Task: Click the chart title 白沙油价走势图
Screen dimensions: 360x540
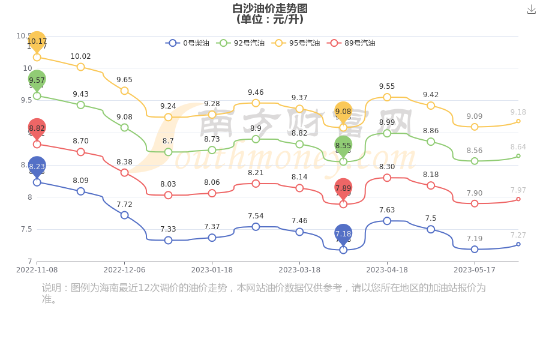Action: (x=270, y=8)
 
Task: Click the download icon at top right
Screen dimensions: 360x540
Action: (x=532, y=9)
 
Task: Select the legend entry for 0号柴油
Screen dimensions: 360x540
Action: (x=188, y=43)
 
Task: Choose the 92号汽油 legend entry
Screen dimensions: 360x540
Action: (x=241, y=43)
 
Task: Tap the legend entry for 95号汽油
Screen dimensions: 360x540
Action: (x=296, y=43)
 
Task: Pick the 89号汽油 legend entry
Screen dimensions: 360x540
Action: (x=351, y=43)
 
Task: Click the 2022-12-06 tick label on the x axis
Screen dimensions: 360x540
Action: (x=124, y=270)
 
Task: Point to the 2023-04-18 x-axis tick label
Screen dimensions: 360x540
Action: (x=387, y=270)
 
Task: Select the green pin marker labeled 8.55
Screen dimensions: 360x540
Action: (x=343, y=146)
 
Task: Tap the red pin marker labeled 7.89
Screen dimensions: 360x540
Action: (x=343, y=188)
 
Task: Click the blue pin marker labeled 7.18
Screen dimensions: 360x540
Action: (x=343, y=234)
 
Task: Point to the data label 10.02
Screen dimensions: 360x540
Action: (x=81, y=56)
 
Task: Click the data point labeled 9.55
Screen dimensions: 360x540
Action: (x=387, y=97)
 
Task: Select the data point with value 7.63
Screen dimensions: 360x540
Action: (x=387, y=221)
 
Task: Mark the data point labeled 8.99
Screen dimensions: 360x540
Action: (x=387, y=133)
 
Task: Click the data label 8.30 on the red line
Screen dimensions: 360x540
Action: (x=387, y=167)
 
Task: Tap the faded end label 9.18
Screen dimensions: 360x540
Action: (x=518, y=112)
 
